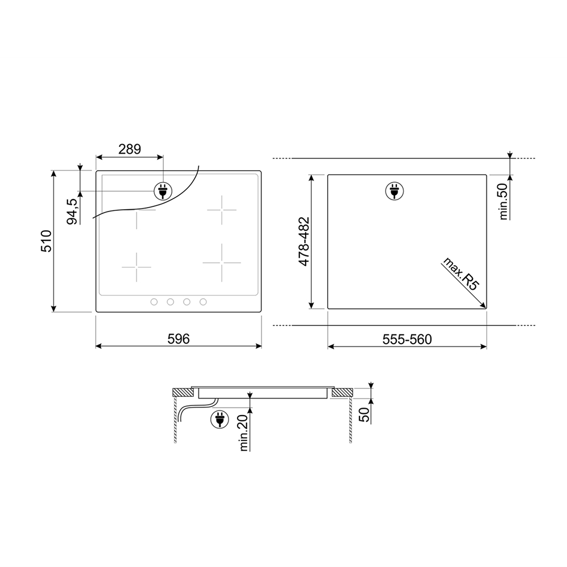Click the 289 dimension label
129,149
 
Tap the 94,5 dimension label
73,211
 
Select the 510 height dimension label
46,241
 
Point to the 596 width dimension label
179,339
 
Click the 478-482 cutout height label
304,242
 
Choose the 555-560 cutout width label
407,339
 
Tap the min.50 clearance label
503,201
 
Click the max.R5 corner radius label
461,274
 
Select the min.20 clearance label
244,433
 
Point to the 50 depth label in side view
365,414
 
